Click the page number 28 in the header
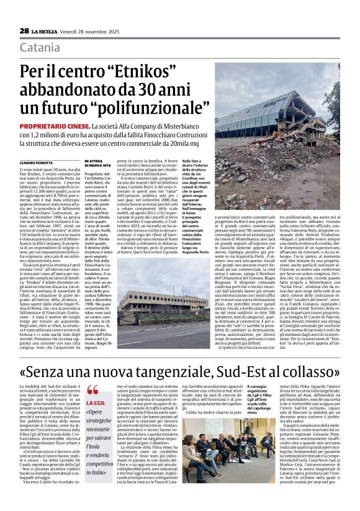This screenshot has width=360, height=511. (24, 30)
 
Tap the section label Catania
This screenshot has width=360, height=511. (41, 48)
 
